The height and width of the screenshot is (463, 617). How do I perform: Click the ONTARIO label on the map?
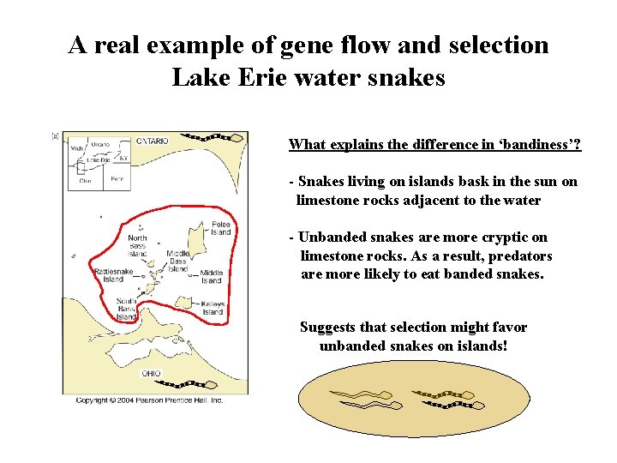click(x=153, y=141)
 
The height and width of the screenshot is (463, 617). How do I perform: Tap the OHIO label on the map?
click(x=151, y=373)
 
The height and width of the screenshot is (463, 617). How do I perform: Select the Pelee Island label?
click(x=221, y=227)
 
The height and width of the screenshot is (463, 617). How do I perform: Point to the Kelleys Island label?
click(x=213, y=308)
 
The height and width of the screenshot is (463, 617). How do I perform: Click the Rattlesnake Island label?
click(x=113, y=274)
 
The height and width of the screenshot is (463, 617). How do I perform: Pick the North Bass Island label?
click(x=137, y=245)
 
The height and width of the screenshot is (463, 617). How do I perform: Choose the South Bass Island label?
click(x=127, y=309)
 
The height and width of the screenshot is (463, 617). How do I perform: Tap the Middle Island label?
click(x=212, y=276)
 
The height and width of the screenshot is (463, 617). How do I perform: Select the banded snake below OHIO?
click(x=193, y=384)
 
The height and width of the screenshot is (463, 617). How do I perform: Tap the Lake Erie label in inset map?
click(x=100, y=159)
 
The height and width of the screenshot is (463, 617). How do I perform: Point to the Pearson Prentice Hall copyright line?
click(x=149, y=400)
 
